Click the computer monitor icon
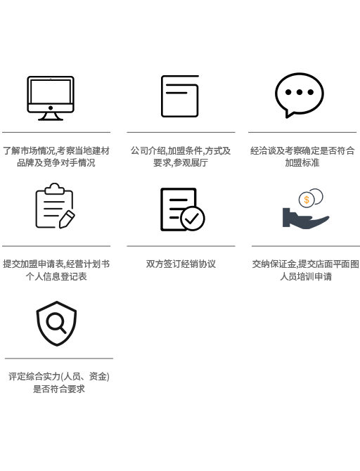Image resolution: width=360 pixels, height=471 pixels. click(x=51, y=98)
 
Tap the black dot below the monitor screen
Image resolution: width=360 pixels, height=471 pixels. click(x=51, y=108)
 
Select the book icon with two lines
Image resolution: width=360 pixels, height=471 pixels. click(x=180, y=96)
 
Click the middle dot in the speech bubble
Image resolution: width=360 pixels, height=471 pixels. click(x=300, y=92)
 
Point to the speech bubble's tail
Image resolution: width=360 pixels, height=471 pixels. click(x=288, y=115)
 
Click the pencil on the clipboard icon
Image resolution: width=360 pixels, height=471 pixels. click(x=67, y=219)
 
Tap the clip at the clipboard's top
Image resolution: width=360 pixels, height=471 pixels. click(x=54, y=189)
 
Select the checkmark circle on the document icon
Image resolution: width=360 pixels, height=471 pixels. click(x=193, y=219)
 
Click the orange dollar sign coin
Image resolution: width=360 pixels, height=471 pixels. click(x=307, y=200)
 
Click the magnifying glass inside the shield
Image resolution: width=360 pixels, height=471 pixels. click(x=56, y=323)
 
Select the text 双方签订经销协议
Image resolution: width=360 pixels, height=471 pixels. click(x=181, y=264)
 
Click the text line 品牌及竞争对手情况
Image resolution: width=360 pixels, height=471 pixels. click(x=56, y=163)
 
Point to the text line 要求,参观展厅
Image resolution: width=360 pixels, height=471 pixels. click(x=181, y=163)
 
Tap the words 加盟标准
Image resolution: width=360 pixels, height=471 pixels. click(x=302, y=163)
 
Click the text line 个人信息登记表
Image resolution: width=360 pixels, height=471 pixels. click(x=56, y=276)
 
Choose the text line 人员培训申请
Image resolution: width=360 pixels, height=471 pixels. click(x=306, y=276)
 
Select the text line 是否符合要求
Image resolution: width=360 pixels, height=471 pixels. click(x=59, y=389)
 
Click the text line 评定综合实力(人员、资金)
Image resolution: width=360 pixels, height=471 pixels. click(x=59, y=377)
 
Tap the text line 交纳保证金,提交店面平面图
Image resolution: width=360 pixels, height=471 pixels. click(x=306, y=264)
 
